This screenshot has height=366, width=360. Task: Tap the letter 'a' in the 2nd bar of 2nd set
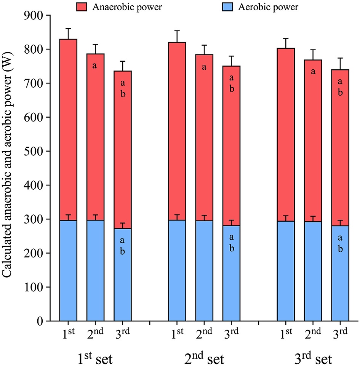coord(204,67)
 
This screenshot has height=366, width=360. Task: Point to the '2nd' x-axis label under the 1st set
coord(95,334)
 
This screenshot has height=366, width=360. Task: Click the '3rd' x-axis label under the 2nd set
coord(231,334)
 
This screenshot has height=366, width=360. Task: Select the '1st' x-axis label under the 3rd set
coord(285,334)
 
